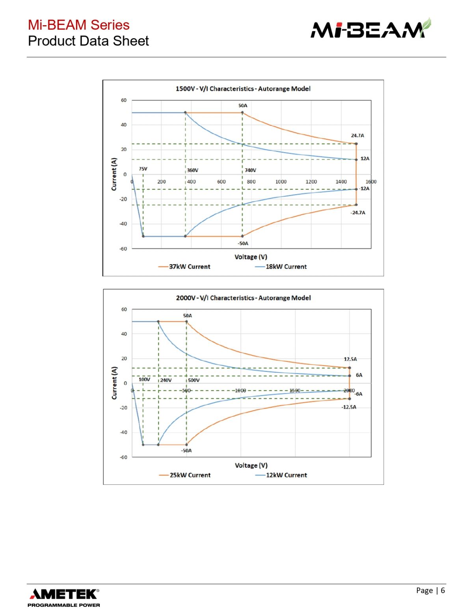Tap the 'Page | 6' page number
(x=430, y=590)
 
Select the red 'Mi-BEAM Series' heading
(x=78, y=25)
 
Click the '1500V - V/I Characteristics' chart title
(x=243, y=89)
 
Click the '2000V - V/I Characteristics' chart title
(x=243, y=298)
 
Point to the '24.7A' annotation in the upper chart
(x=358, y=136)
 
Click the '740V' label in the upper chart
(x=250, y=170)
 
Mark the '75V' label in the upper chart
(x=143, y=169)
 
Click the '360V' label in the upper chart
(x=193, y=170)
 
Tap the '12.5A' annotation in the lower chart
(x=350, y=359)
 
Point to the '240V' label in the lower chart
(x=166, y=380)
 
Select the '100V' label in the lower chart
(x=144, y=379)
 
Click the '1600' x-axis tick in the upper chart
(x=371, y=182)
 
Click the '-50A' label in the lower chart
(x=186, y=450)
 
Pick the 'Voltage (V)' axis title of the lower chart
(x=251, y=465)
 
